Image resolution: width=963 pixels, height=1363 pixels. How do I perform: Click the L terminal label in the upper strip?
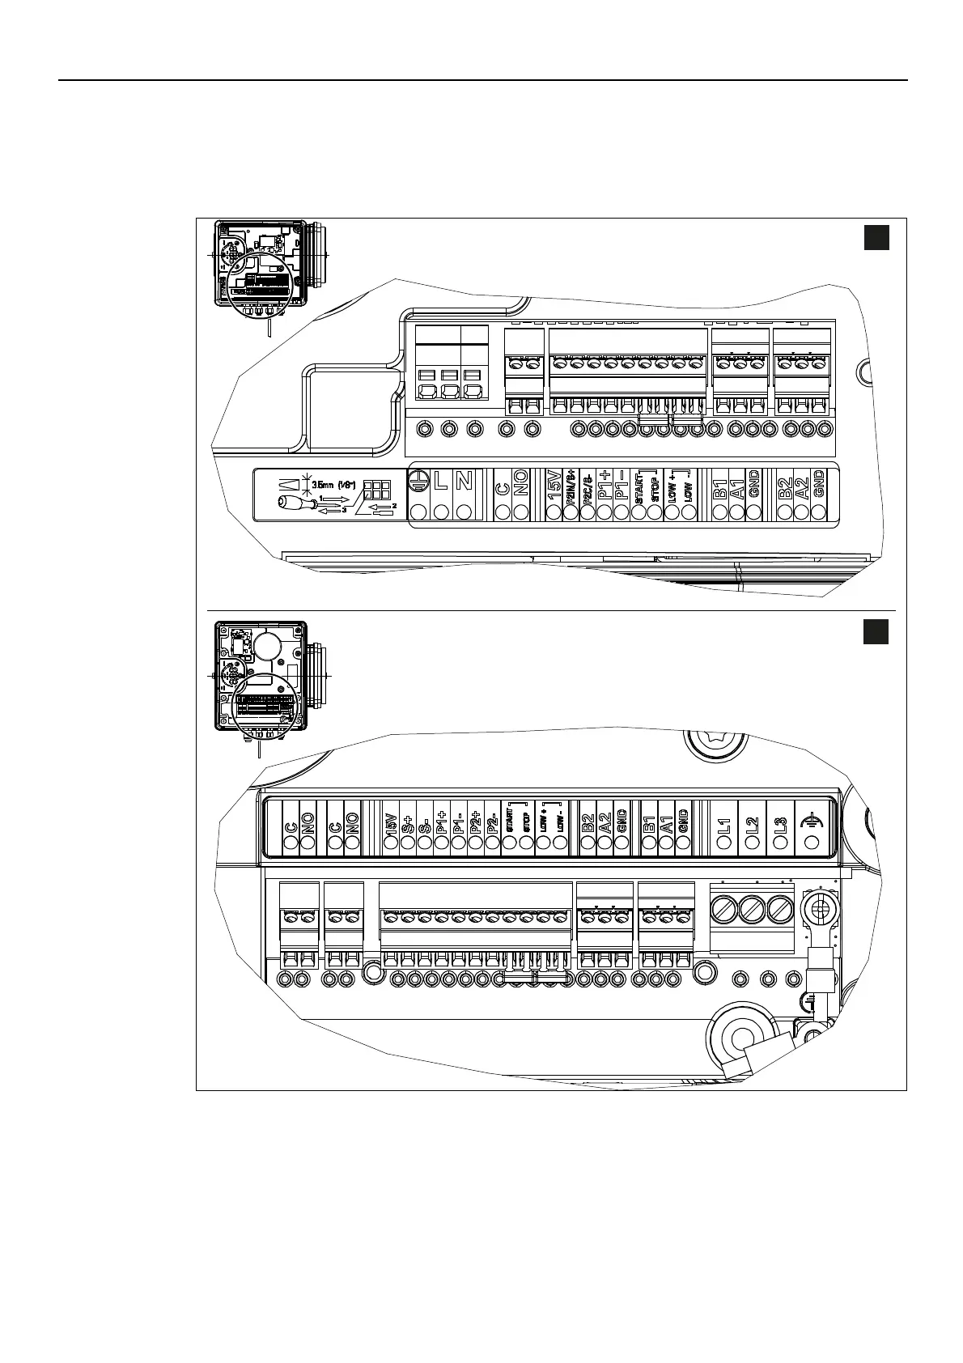point(441,482)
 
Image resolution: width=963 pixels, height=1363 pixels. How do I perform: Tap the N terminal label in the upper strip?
point(464,482)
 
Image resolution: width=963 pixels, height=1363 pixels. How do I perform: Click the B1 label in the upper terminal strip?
point(719,489)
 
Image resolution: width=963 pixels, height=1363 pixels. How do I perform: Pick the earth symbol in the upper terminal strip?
point(418,481)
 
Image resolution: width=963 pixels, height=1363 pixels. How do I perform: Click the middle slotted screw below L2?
point(753,910)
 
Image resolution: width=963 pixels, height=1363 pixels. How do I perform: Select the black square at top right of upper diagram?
point(876,238)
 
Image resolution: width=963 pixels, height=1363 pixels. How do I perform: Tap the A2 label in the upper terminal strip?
point(802,489)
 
